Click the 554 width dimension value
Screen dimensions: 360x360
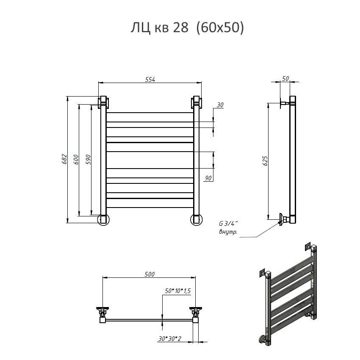click(x=150, y=79)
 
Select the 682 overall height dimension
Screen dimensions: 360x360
click(x=64, y=159)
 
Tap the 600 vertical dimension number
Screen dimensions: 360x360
click(x=76, y=160)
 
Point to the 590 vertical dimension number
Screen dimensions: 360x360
click(x=88, y=160)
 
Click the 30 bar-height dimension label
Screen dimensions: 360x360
click(x=220, y=105)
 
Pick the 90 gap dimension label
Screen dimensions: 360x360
click(x=208, y=178)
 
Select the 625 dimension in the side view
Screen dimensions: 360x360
click(x=265, y=161)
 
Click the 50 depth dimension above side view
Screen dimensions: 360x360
click(x=285, y=78)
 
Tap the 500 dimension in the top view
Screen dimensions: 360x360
click(x=150, y=274)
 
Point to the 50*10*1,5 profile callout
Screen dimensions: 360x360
click(x=178, y=291)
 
